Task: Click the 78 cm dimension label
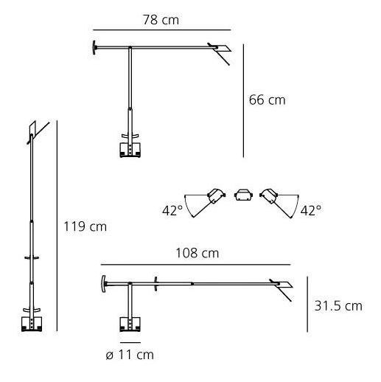[161, 20]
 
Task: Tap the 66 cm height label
[267, 100]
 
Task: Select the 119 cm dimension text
[85, 226]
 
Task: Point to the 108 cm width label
[198, 253]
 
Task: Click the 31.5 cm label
[338, 306]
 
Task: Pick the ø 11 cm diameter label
[130, 355]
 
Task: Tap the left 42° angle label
[172, 211]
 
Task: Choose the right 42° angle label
[311, 211]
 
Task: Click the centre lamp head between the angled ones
[243, 195]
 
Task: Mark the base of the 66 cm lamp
[130, 150]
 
